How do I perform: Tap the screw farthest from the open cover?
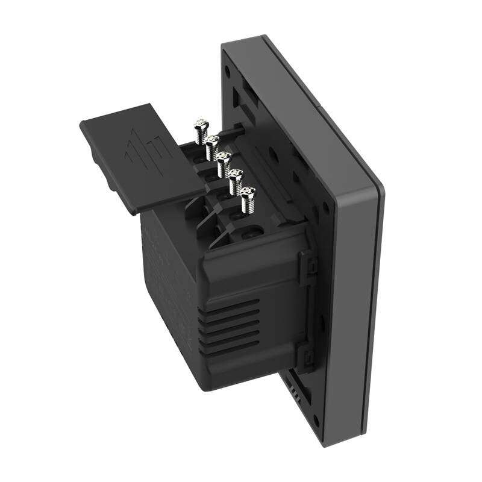point(248,199)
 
